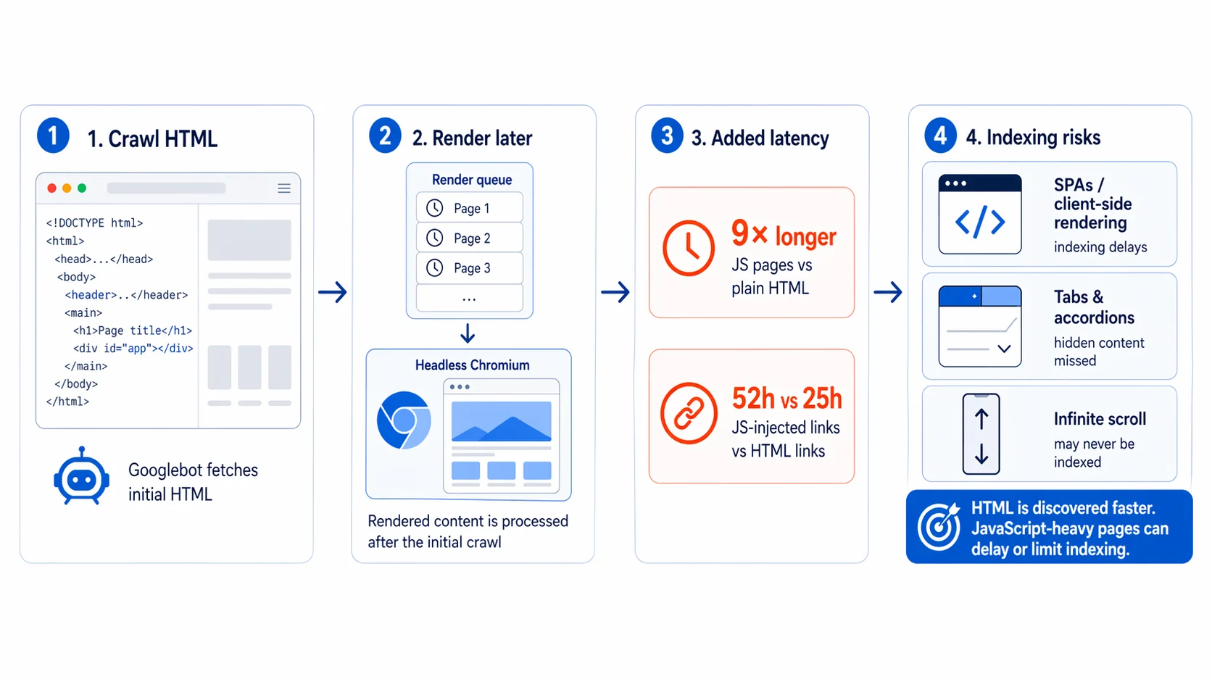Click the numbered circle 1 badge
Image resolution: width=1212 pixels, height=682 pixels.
(53, 136)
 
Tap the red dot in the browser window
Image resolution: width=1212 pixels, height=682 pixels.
(51, 188)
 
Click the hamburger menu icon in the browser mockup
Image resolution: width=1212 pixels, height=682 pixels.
(284, 188)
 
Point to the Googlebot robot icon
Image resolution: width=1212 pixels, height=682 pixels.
(81, 476)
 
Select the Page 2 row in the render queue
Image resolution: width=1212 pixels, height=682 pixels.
(470, 238)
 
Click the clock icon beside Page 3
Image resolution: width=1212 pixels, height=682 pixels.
(435, 268)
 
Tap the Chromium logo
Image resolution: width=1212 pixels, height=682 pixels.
(404, 420)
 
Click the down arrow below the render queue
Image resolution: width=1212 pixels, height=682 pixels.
(468, 333)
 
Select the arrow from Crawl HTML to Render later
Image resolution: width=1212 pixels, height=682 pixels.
(333, 292)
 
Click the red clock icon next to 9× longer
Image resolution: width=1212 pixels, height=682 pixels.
(689, 248)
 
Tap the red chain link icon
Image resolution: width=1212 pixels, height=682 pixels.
(689, 413)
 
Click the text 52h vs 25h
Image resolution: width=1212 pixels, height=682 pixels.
(786, 399)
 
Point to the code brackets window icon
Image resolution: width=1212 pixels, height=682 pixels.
(980, 215)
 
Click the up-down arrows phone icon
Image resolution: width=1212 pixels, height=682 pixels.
(981, 434)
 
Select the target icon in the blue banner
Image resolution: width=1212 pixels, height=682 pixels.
(939, 526)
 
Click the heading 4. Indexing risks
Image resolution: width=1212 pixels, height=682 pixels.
(1033, 138)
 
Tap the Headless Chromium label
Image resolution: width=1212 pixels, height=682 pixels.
(472, 365)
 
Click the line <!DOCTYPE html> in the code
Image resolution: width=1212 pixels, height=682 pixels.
(94, 223)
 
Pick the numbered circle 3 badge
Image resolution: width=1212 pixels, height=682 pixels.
(667, 136)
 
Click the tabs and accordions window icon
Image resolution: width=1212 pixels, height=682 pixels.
(980, 326)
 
